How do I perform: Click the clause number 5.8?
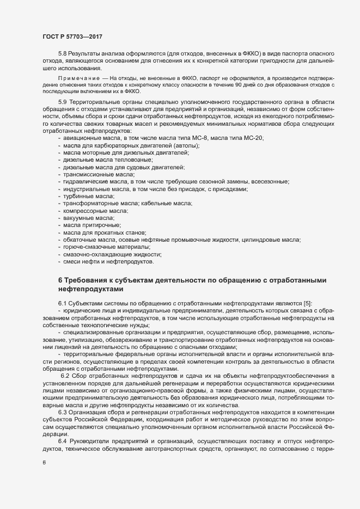[63, 54]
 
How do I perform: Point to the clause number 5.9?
[63, 102]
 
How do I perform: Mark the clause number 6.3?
[63, 397]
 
